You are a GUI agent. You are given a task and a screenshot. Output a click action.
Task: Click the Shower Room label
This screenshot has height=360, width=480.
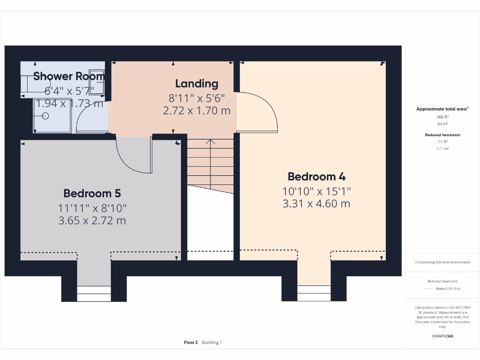tap(69, 76)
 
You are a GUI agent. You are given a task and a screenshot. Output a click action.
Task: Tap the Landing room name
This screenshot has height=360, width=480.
tap(197, 84)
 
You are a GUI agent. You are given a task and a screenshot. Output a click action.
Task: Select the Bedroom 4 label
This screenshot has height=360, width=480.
tap(317, 177)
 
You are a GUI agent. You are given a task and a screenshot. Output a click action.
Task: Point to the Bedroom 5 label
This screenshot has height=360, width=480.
tap(92, 193)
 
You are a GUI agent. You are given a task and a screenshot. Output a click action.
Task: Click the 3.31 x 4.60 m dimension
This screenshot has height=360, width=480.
tap(317, 204)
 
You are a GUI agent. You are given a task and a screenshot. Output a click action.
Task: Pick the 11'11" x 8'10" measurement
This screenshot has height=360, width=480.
tap(92, 207)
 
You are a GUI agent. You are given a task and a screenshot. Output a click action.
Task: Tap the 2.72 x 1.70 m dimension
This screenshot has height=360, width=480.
tap(197, 111)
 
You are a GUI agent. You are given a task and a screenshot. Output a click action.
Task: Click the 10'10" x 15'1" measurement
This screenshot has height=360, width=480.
tap(317, 191)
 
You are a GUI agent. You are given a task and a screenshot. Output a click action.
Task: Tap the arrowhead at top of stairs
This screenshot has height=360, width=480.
tap(210, 141)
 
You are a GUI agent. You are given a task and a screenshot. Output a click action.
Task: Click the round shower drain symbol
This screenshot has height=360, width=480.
tap(45, 115)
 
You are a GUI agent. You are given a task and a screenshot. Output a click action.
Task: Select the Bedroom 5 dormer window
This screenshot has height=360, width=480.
tap(94, 293)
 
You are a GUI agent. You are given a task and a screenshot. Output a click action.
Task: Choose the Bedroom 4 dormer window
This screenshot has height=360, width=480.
tap(314, 293)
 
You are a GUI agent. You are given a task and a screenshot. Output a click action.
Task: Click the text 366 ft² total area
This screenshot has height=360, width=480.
tap(442, 117)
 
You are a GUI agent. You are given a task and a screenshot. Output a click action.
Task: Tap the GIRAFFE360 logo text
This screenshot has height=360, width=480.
tap(442, 336)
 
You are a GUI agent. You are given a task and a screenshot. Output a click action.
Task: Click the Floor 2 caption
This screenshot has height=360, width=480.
tap(191, 343)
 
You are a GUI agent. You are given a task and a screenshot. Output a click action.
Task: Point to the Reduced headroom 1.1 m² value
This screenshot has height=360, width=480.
tap(442, 149)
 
